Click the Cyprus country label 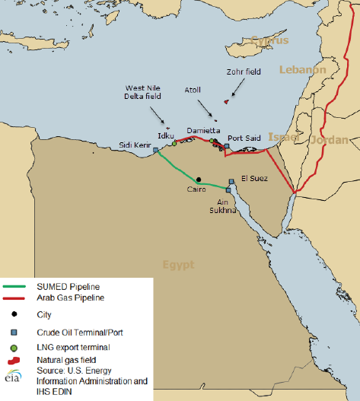click(271, 40)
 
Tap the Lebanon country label click(302, 69)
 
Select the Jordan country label click(329, 140)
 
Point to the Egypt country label click(177, 265)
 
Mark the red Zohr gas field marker click(226, 101)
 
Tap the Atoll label click(193, 90)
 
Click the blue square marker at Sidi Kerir click(155, 151)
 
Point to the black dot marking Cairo click(198, 180)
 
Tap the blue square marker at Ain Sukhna click(228, 190)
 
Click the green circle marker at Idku click(174, 143)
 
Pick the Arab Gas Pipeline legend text click(70, 297)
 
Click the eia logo click(13, 375)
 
